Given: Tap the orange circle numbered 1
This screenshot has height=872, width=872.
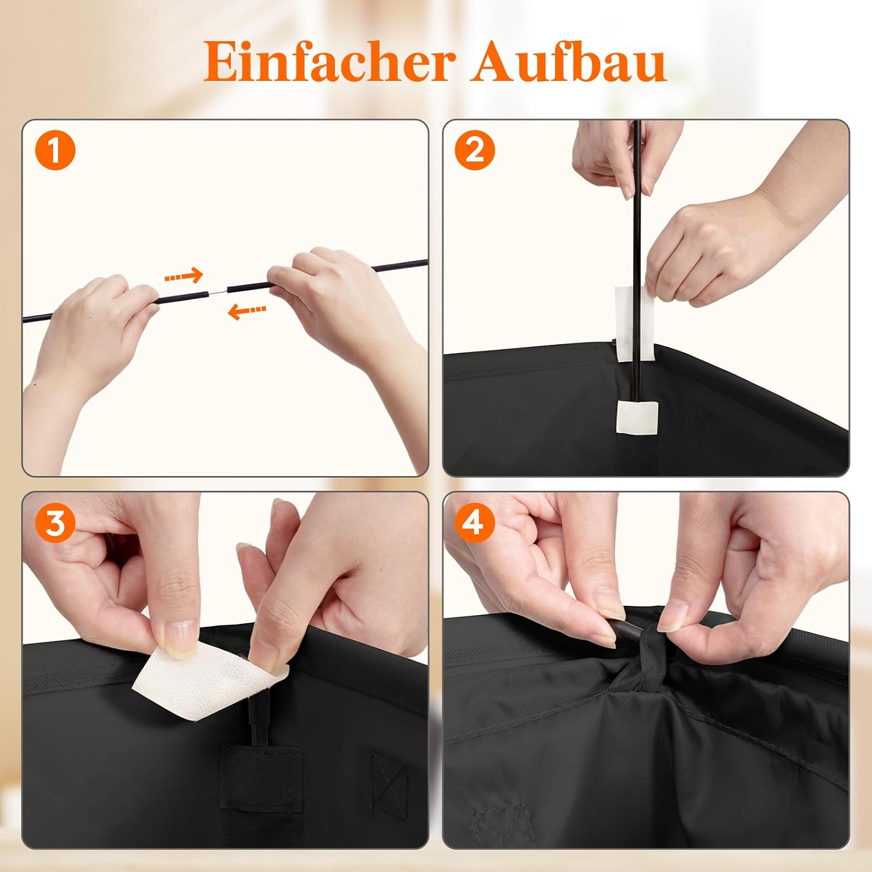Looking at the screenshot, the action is [55, 151].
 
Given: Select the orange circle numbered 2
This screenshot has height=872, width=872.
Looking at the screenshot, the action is [475, 151].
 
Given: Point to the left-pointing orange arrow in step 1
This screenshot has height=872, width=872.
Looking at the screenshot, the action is [247, 311].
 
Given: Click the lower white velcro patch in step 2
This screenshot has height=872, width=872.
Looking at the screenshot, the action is [637, 417].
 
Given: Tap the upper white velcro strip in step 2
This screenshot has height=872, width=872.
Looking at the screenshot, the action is [634, 323].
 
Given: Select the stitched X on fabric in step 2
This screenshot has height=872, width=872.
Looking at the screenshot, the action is [704, 422].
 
